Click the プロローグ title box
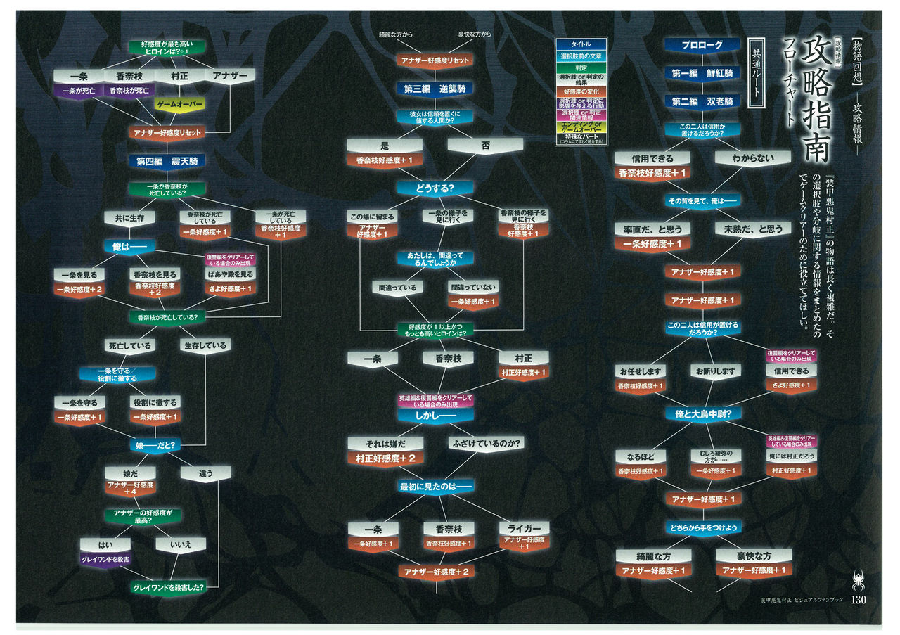[x=702, y=45]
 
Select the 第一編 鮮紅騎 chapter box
[x=702, y=73]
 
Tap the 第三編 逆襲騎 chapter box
[x=434, y=89]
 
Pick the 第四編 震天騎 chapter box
[x=167, y=161]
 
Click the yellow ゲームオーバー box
[x=179, y=104]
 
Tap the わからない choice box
[x=752, y=158]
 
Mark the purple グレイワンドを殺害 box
[x=105, y=559]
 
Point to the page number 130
[x=862, y=600]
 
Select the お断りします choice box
[x=714, y=371]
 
